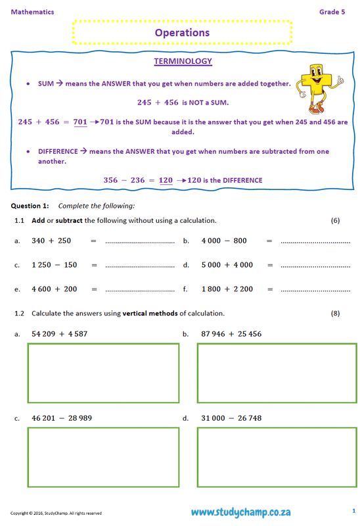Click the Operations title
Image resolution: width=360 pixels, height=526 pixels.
click(182, 32)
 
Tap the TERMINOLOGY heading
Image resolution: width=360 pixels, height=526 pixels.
click(183, 61)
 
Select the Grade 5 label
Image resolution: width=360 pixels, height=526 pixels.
click(332, 12)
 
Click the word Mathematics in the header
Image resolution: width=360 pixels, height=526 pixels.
click(32, 12)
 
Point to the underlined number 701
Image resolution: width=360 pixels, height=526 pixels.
click(80, 122)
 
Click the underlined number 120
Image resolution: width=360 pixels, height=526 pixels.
click(166, 180)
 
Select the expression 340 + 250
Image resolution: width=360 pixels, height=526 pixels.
click(51, 241)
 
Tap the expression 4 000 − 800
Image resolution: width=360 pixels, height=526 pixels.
click(224, 241)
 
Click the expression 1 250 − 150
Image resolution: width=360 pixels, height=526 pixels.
click(55, 265)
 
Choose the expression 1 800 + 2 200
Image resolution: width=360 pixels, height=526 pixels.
click(227, 289)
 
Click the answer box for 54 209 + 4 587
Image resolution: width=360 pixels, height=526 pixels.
click(103, 373)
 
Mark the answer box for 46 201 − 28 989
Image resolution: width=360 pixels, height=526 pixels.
click(103, 457)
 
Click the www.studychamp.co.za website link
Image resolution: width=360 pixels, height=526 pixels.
click(240, 512)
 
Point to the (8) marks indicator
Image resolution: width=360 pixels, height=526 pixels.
click(335, 313)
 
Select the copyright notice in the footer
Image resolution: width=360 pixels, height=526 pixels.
click(56, 513)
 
